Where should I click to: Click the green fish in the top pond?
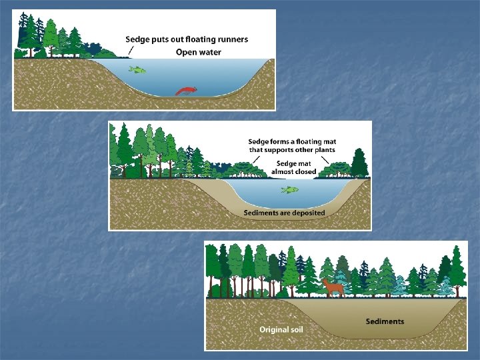coord(137,69)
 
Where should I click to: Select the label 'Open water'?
coord(199,52)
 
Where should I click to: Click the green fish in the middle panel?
coord(289,190)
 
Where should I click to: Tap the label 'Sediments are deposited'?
coord(284,213)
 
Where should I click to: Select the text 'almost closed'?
coord(294,172)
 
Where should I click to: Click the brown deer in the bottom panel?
coord(333,287)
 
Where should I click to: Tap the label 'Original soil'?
coord(285,329)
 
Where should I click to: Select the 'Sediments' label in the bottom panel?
coord(385,321)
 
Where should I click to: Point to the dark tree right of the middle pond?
coord(359,163)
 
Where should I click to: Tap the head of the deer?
coord(325,283)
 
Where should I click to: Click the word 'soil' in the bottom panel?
coord(300,329)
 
